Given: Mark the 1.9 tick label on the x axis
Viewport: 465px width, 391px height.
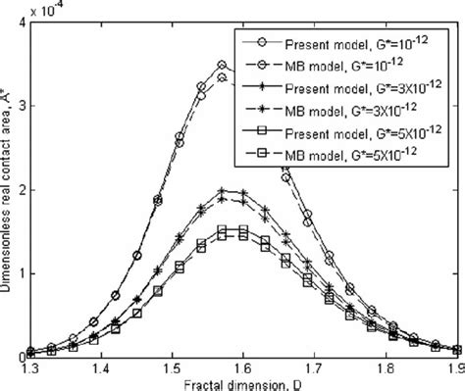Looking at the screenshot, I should click(453, 367).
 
